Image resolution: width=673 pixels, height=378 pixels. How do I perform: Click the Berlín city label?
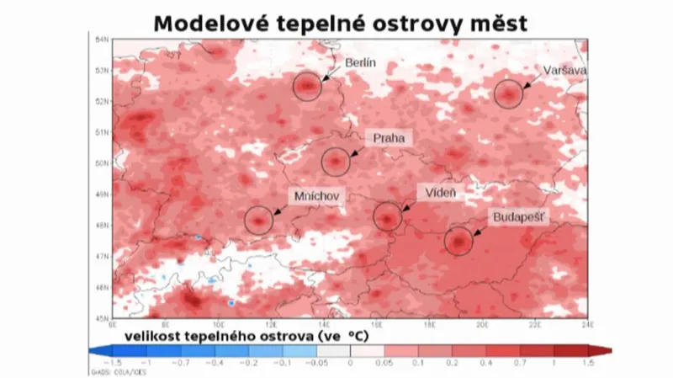point(360,63)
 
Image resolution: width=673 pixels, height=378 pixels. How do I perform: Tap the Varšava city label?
point(565,70)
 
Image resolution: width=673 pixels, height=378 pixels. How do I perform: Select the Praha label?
point(389,136)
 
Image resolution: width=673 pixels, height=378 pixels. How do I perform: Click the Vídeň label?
point(441,194)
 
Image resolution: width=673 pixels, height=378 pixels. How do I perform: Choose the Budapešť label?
point(519,217)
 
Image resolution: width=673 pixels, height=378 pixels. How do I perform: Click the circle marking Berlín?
point(308,86)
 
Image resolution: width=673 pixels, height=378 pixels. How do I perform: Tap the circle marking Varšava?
point(508,93)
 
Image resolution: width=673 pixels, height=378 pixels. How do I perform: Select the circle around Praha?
point(336,160)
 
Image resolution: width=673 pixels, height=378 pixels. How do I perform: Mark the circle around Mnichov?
point(259,221)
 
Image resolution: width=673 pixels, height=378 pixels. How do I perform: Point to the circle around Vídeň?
point(387,217)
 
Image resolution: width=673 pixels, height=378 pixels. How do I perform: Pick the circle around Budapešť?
point(459,242)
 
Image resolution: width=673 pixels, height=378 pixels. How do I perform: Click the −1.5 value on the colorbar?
point(115,362)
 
